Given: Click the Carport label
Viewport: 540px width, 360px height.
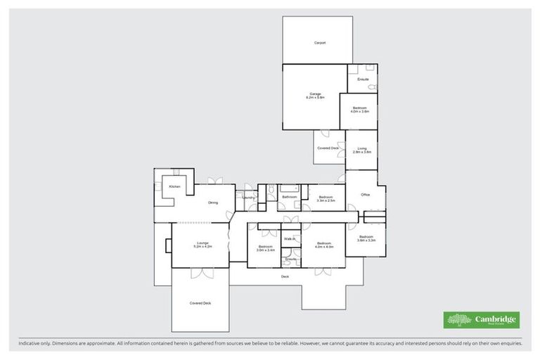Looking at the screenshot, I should (320, 43).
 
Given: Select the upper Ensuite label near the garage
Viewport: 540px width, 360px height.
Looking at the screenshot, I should (363, 79).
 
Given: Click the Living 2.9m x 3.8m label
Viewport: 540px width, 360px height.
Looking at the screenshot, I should (361, 150).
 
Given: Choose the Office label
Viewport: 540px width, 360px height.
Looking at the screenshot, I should (366, 195).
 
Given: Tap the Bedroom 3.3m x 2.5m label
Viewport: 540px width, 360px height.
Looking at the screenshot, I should (326, 199).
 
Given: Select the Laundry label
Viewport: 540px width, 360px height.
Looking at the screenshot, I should (248, 198).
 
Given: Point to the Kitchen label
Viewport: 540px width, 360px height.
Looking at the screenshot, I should (174, 186).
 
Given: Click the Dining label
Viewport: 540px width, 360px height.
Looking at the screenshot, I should (213, 203).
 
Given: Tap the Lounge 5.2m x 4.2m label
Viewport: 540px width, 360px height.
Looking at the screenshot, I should (201, 245).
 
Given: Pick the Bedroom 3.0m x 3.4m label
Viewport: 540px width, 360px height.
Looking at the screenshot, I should (265, 248).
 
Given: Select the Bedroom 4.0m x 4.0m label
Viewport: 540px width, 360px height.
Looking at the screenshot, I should (323, 245).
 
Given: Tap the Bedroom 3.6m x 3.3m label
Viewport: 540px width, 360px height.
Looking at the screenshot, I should (366, 238).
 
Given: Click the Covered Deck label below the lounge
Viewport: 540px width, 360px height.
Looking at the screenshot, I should (200, 303).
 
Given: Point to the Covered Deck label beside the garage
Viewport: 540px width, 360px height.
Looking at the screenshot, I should (328, 148).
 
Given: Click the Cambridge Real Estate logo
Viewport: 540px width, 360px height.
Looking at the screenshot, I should (481, 320).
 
